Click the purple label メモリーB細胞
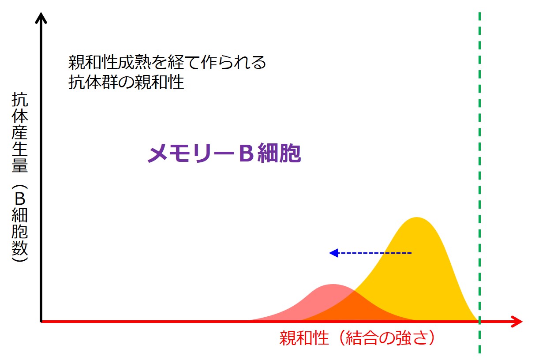click(224, 153)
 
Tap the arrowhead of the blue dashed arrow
click(333, 253)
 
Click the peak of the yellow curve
click(416, 217)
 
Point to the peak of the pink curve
click(333, 285)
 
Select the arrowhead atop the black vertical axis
click(41, 18)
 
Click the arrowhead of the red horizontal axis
click(517, 321)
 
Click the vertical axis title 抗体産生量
click(20, 132)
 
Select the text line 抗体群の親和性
click(126, 82)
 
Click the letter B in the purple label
click(246, 153)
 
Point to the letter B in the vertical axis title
click(20, 199)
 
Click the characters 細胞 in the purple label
click(279, 153)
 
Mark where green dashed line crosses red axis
click(479, 321)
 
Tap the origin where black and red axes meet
click(41, 321)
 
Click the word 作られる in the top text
click(233, 62)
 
